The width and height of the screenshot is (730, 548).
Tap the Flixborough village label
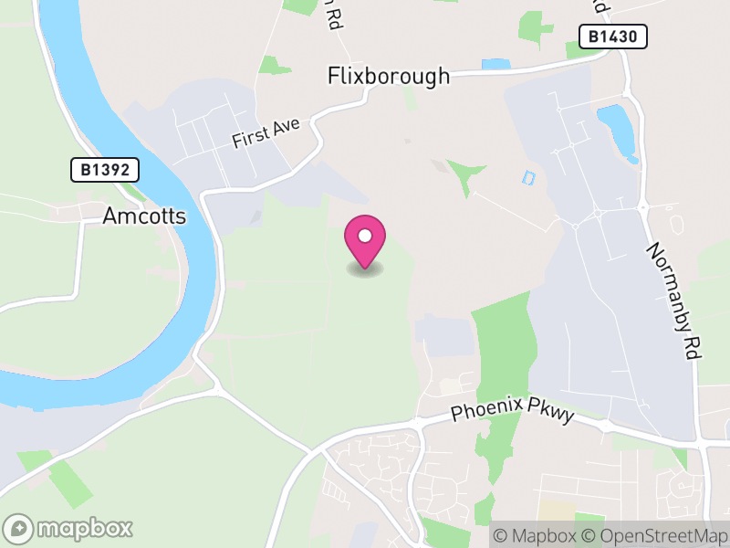389,76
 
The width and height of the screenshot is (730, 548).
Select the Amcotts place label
144,216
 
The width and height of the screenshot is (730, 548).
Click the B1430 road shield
613,37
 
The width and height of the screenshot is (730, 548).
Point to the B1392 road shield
105,169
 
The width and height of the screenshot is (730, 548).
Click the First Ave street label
266,135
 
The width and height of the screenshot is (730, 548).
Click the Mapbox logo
69,528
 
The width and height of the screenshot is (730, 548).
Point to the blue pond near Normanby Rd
616,128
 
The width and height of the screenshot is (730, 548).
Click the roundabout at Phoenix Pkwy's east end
605,426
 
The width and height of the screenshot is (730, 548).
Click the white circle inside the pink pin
365,236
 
